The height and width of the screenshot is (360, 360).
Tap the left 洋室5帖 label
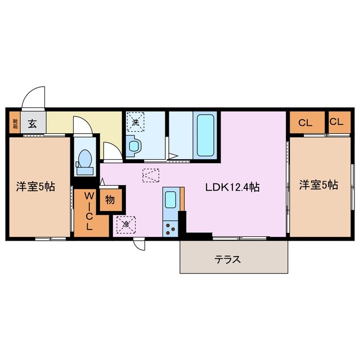coord(35,186)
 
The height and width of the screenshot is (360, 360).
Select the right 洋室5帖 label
coord(318,184)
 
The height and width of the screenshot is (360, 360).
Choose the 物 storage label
coord(109,200)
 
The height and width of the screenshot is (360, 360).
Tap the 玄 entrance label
coord(33,123)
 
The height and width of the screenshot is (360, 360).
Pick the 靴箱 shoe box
coord(14,123)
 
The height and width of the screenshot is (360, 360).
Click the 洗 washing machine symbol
coord(136,120)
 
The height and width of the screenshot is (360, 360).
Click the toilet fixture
coord(85,159)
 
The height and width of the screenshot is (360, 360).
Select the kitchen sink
coord(170,199)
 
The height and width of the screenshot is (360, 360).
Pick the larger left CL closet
coord(306,122)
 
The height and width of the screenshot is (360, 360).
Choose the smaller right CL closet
coord(336,121)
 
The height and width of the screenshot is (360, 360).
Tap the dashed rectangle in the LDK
coord(151,175)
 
